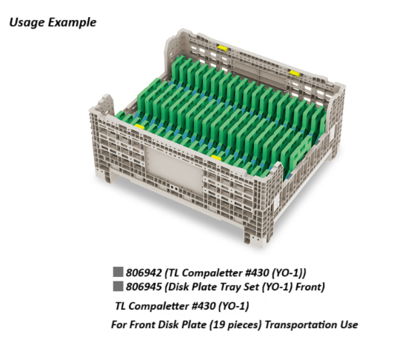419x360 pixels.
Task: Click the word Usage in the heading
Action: pyautogui.click(x=27, y=22)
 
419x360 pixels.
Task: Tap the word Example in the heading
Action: pyautogui.click(x=72, y=22)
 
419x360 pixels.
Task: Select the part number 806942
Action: pyautogui.click(x=144, y=273)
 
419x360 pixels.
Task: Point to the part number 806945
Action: pyautogui.click(x=144, y=287)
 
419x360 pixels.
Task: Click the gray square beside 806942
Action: pyautogui.click(x=118, y=272)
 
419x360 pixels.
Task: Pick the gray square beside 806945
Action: pyautogui.click(x=118, y=286)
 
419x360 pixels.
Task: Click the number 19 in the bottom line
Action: pyautogui.click(x=216, y=324)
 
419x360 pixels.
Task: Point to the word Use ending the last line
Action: pyautogui.click(x=349, y=324)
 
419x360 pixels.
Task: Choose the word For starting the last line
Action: pyautogui.click(x=120, y=324)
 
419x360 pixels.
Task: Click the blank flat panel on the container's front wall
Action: pyautogui.click(x=174, y=170)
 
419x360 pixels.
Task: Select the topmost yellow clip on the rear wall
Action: pyautogui.click(x=223, y=48)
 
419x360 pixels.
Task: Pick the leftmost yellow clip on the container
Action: pyautogui.click(x=139, y=127)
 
